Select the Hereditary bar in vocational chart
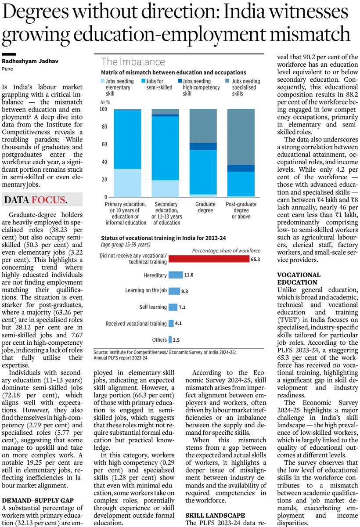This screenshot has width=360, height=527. (x=176, y=275)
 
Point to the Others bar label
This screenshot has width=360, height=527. (x=159, y=339)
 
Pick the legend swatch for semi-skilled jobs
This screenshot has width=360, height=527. (x=143, y=81)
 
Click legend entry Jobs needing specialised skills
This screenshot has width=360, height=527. (x=245, y=87)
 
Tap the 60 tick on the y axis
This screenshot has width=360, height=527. (x=104, y=144)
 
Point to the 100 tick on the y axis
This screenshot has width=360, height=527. (x=104, y=109)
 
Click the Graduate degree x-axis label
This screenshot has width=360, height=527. (x=205, y=207)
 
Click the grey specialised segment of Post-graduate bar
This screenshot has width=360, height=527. (x=241, y=137)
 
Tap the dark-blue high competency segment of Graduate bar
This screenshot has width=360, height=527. (x=203, y=146)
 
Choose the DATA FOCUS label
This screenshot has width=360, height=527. (x=36, y=200)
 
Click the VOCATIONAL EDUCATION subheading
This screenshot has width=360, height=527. (x=297, y=278)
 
